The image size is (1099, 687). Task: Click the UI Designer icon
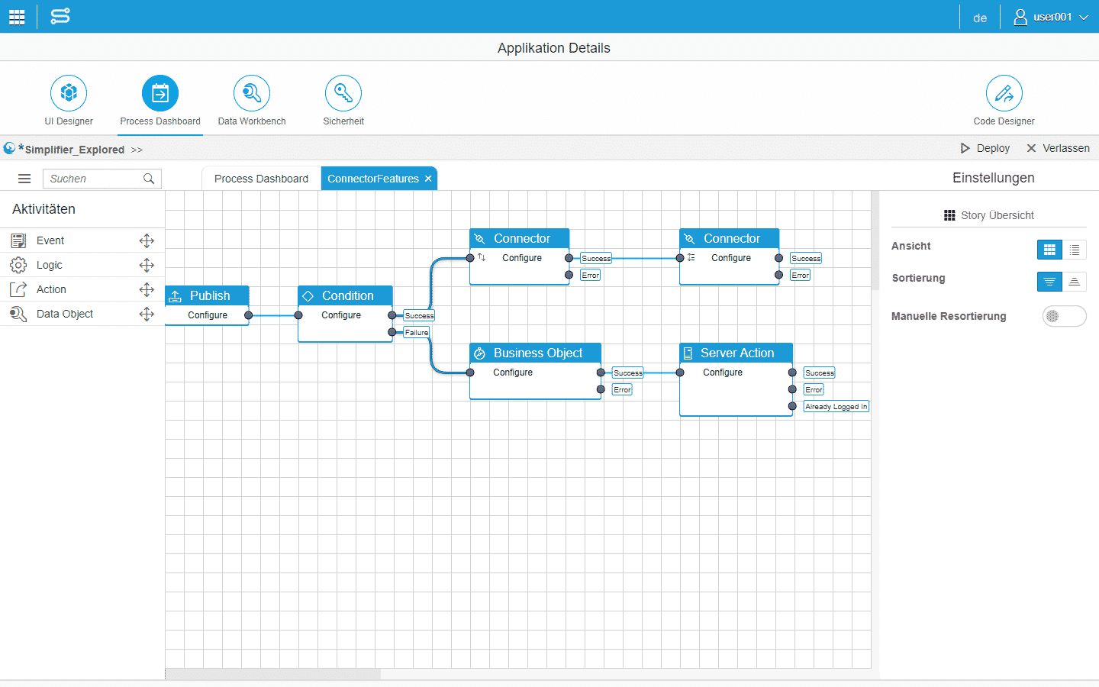(69, 93)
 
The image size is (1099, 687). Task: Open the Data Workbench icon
(252, 93)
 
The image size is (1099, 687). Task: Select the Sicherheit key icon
(343, 93)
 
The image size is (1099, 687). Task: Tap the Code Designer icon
(1004, 93)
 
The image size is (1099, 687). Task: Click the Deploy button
(985, 148)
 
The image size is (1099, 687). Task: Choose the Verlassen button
(1059, 148)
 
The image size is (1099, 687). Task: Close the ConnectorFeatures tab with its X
(428, 179)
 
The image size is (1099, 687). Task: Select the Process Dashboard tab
(261, 179)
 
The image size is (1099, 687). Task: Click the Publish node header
(207, 295)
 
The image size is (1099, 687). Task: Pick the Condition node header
(345, 295)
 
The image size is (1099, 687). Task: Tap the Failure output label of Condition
(417, 332)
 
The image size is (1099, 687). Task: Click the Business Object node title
(538, 353)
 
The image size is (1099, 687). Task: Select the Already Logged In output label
(836, 406)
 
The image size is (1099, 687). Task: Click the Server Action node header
(736, 353)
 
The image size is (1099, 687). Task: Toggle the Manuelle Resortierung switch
(1064, 316)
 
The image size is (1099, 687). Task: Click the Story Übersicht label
(997, 215)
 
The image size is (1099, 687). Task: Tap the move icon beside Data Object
(147, 314)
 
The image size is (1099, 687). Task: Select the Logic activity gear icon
(18, 265)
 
